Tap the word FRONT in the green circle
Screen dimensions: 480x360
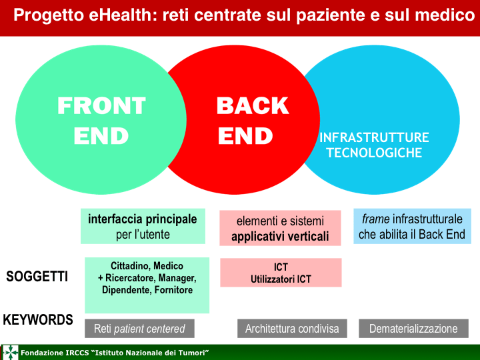[101, 105]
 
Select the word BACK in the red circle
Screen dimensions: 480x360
[253, 105]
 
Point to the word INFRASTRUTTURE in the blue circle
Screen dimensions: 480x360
[374, 138]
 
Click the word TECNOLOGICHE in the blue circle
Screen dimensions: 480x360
[374, 153]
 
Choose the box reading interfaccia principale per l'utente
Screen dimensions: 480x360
[143, 226]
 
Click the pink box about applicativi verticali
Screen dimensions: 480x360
[280, 228]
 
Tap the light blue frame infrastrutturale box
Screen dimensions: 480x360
[412, 226]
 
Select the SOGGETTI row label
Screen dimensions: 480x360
[37, 277]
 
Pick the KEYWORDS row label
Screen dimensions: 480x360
[38, 320]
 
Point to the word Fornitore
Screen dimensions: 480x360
[173, 290]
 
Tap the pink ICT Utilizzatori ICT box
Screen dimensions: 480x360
[281, 273]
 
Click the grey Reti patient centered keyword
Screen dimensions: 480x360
[139, 329]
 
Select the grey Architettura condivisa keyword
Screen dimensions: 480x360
[292, 329]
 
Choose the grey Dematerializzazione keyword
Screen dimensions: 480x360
[413, 329]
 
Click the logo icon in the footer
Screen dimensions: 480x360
[11, 353]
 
